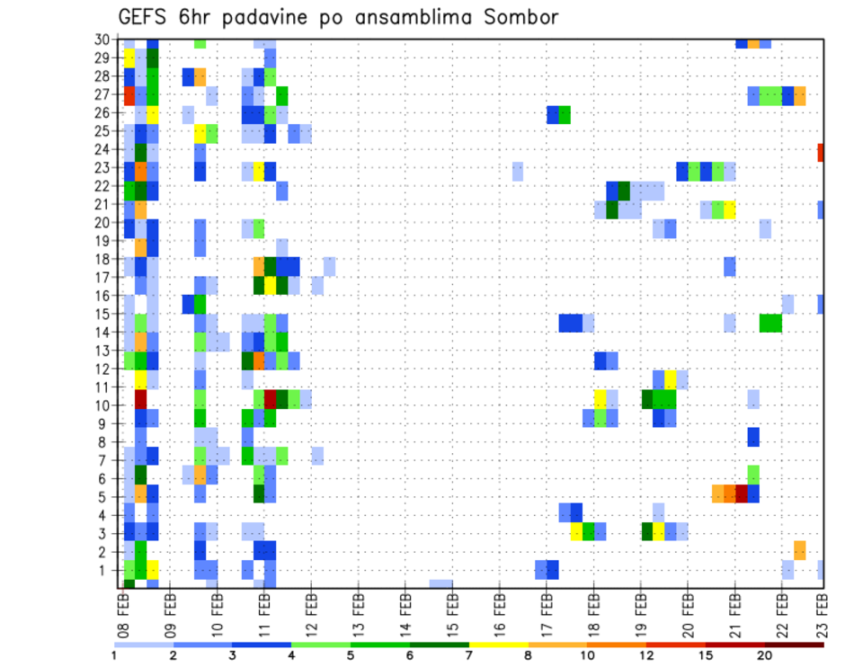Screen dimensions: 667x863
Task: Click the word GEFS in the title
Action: pyautogui.click(x=147, y=16)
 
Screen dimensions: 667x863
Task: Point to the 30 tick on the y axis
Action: pyautogui.click(x=104, y=40)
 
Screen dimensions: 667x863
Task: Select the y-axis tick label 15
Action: pyautogui.click(x=104, y=315)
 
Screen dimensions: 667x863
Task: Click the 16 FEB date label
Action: pyautogui.click(x=500, y=612)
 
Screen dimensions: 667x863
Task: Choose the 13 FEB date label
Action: pyautogui.click(x=358, y=612)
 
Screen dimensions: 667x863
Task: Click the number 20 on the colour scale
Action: pyautogui.click(x=764, y=654)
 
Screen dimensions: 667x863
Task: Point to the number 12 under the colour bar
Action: pyautogui.click(x=646, y=654)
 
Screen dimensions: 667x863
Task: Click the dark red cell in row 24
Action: pyautogui.click(x=821, y=153)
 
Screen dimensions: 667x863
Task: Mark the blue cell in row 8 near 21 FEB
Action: pyautogui.click(x=753, y=437)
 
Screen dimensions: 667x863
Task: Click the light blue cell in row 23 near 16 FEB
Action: pyautogui.click(x=518, y=171)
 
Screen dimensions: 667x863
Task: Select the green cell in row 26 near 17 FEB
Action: pyautogui.click(x=565, y=115)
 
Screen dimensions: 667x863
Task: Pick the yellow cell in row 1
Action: pyautogui.click(x=152, y=569)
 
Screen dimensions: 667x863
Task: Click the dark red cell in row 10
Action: pyautogui.click(x=141, y=398)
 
